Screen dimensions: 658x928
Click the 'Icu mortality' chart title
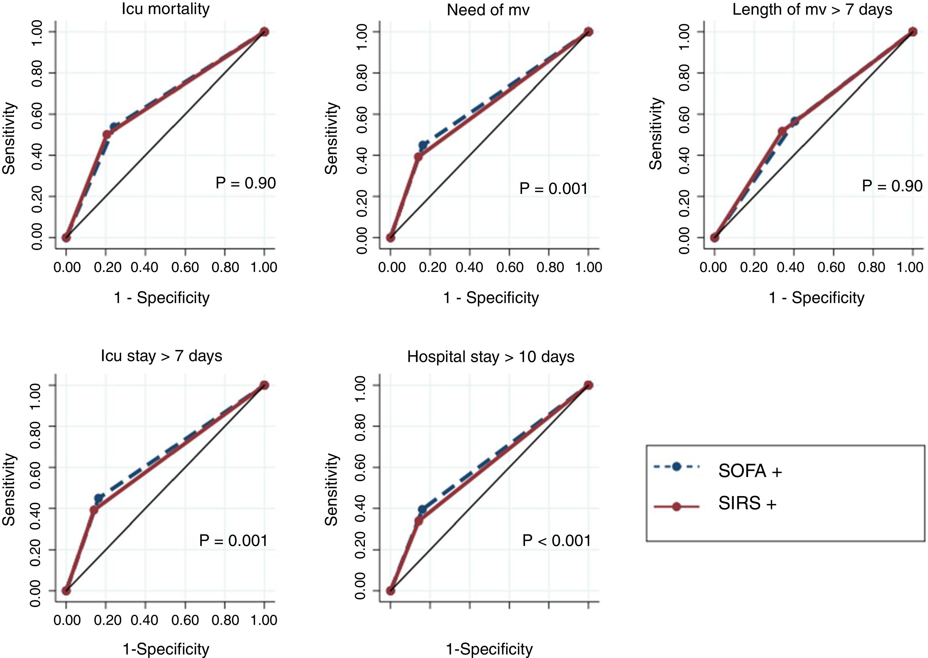click(x=166, y=9)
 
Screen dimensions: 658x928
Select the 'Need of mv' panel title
click(x=488, y=10)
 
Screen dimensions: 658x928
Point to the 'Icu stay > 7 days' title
click(x=162, y=356)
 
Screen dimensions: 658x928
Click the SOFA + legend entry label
click(x=750, y=471)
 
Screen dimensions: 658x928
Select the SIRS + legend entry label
click(x=747, y=504)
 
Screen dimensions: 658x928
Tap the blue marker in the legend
click(x=676, y=467)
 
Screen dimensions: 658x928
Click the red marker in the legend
click(x=676, y=506)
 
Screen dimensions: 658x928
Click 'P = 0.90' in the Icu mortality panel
click(x=245, y=183)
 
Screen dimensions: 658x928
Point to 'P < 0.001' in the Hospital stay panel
click(x=557, y=540)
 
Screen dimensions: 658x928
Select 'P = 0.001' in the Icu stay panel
click(x=233, y=540)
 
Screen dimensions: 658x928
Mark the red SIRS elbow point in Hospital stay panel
click(x=419, y=521)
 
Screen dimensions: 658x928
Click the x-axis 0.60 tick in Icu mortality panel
click(x=185, y=268)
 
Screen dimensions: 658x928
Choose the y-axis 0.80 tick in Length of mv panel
click(x=683, y=73)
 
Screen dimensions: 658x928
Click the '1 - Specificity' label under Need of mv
click(x=491, y=298)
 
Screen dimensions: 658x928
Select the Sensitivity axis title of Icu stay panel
click(x=9, y=489)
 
